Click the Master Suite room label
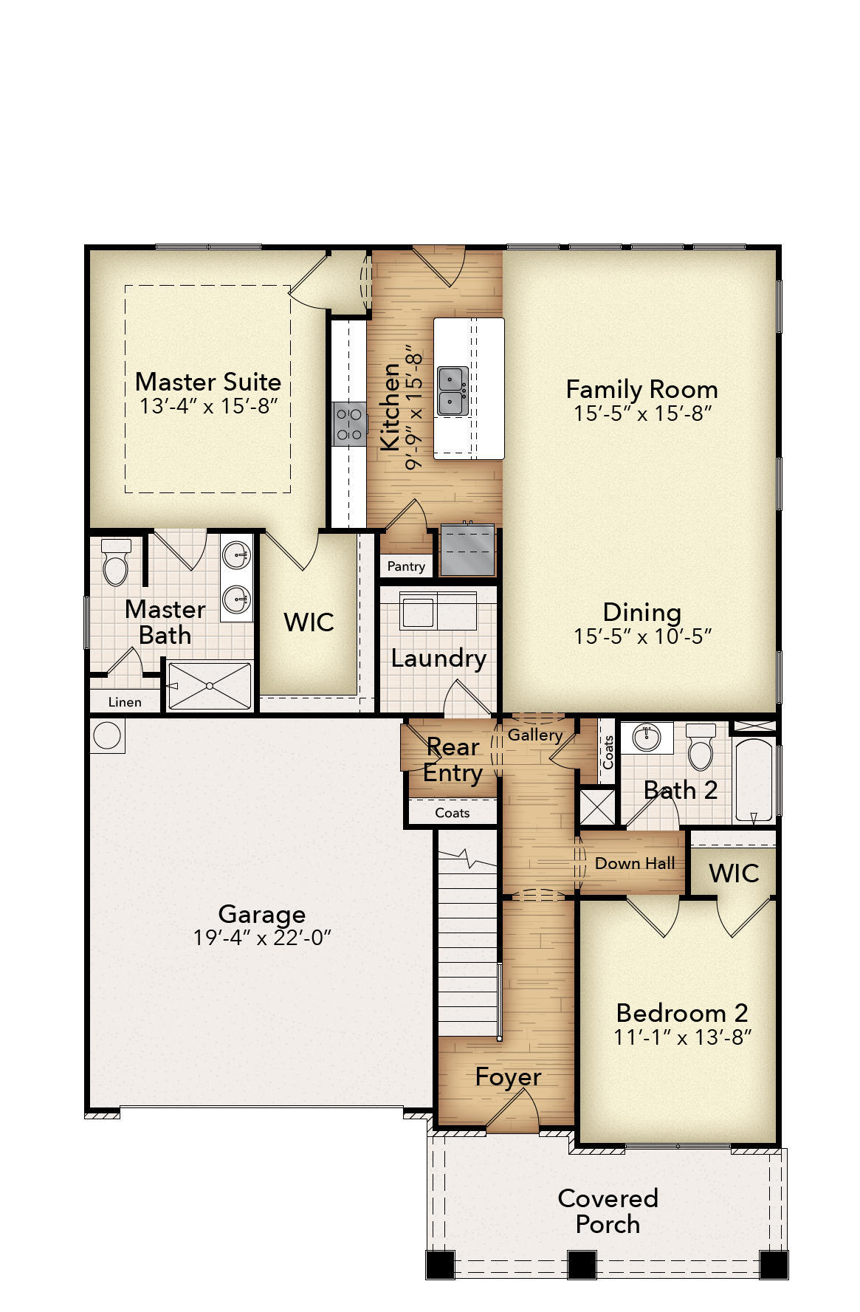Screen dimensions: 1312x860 pos(208,382)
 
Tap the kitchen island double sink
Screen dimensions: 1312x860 pos(452,391)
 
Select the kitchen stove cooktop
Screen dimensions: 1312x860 pos(349,424)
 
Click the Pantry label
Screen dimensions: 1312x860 pos(406,566)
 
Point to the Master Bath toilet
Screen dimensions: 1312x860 pos(115,563)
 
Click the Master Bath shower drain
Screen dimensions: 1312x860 pos(210,686)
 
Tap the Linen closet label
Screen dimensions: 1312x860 pos(125,702)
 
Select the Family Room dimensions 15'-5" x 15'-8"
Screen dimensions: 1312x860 pos(641,413)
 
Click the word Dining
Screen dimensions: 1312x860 pos(641,612)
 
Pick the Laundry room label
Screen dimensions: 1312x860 pos(438,658)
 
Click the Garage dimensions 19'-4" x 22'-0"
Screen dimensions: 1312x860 pos(262,938)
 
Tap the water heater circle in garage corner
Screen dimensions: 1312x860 pos(108,736)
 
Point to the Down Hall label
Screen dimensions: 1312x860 pos(635,863)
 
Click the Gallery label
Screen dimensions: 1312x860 pos(535,735)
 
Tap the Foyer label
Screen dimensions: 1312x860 pos(508,1077)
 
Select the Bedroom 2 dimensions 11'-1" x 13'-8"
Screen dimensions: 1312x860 pos(682,1037)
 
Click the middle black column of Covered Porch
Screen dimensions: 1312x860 pos(581,1264)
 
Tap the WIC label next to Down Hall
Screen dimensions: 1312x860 pos(734,873)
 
